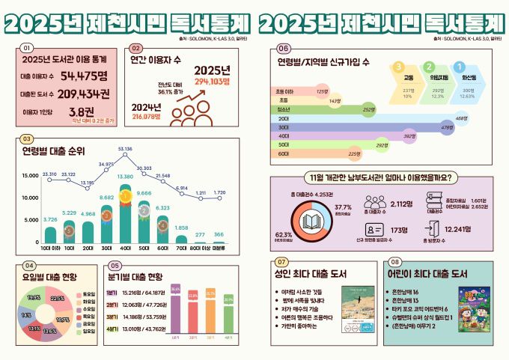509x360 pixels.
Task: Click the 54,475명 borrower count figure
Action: (84, 76)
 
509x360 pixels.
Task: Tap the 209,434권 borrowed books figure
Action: (84, 94)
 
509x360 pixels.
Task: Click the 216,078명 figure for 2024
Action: (147, 117)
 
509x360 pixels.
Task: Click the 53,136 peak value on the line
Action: (125, 149)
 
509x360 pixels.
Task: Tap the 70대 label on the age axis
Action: (181, 247)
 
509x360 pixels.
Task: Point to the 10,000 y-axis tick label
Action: (28, 198)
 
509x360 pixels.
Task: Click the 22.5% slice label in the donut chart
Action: (58, 298)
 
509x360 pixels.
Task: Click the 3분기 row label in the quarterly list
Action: (112, 317)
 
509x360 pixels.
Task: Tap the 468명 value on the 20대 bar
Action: (461, 118)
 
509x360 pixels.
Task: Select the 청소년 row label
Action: (283, 109)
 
